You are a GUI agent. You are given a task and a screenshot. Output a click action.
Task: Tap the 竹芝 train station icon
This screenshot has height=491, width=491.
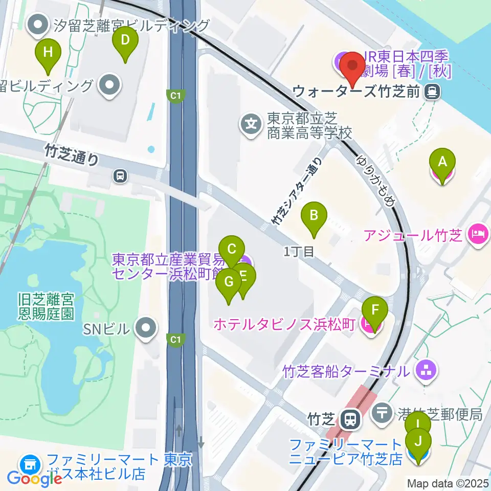tap(350, 420)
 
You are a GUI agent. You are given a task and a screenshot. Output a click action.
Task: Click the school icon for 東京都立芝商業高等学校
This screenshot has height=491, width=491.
tap(251, 124)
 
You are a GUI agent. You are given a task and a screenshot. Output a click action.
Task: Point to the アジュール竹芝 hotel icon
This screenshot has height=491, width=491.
tap(478, 236)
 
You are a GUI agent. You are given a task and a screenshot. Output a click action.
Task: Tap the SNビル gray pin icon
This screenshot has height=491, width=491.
tap(146, 326)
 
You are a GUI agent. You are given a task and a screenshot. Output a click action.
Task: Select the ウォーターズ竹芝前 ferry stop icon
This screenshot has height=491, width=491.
tap(433, 92)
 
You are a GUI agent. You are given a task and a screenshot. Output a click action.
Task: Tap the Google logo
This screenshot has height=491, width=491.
tap(35, 478)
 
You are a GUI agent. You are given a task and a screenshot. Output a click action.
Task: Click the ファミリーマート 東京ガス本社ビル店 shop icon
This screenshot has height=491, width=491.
tap(30, 465)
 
